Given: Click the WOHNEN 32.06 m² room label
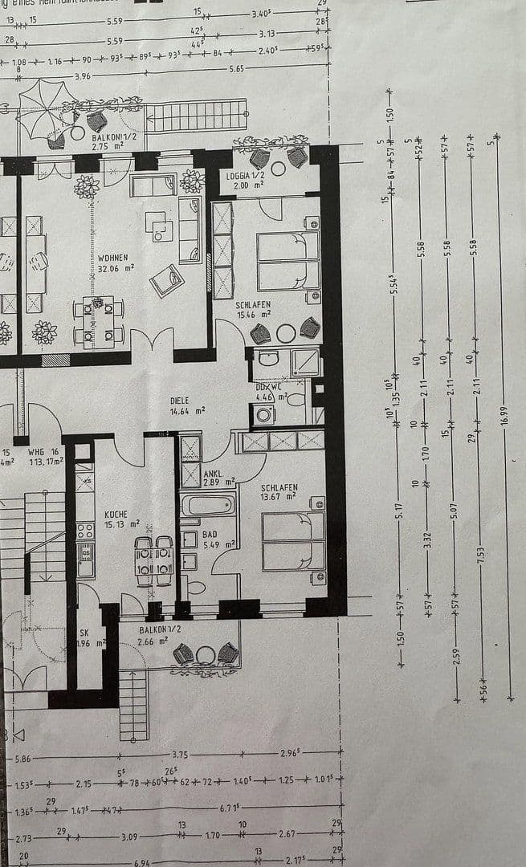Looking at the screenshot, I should (114, 263).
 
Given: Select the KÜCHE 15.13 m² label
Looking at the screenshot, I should (116, 519).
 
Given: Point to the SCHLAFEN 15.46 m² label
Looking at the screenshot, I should (253, 310).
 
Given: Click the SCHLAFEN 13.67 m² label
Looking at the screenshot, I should (279, 492).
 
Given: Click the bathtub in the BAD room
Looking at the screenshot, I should (208, 505).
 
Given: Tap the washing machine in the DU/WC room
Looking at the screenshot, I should (263, 414).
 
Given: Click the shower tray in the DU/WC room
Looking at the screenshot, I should (305, 362).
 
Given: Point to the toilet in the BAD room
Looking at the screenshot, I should (195, 587).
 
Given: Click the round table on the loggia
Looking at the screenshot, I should (279, 169).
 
